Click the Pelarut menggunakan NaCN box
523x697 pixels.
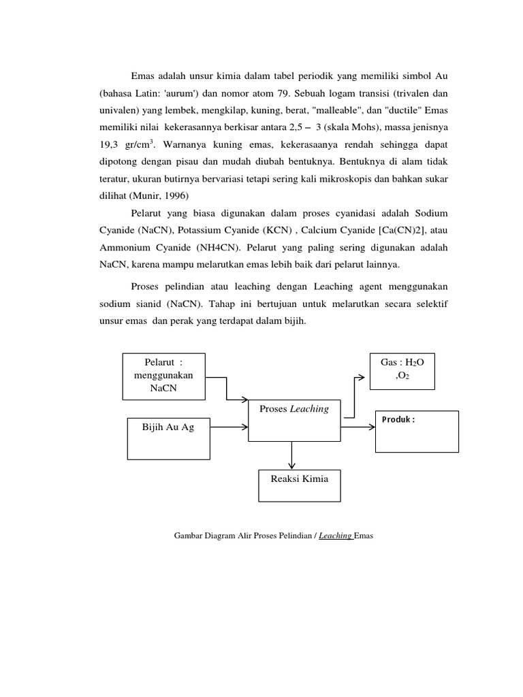tap(163, 376)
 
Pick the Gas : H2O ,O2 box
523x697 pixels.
tap(402, 372)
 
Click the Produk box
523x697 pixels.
tap(416, 432)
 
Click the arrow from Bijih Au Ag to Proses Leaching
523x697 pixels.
tap(227, 427)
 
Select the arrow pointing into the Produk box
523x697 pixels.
tap(358, 427)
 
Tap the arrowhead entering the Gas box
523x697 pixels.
tap(364, 376)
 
